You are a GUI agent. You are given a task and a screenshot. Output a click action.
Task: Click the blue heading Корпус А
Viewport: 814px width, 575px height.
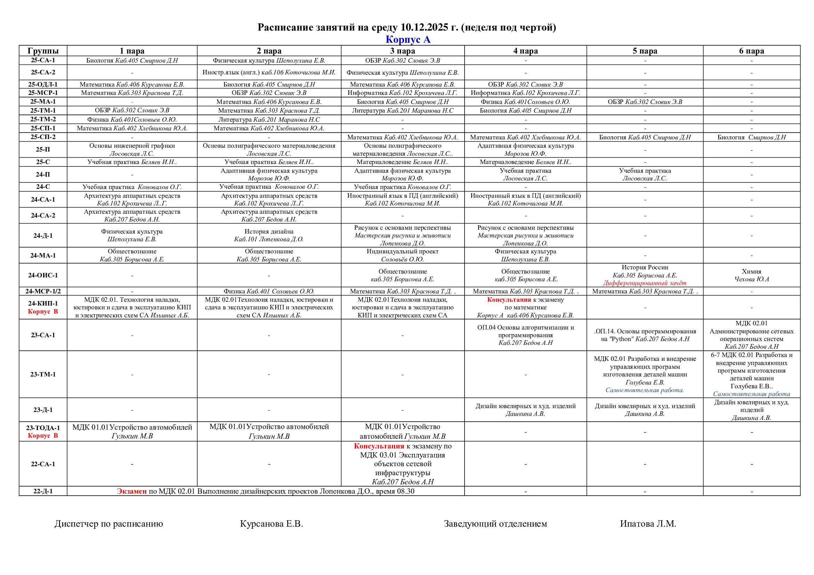click(x=408, y=39)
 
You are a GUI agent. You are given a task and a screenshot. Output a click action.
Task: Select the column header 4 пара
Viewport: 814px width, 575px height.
click(x=525, y=51)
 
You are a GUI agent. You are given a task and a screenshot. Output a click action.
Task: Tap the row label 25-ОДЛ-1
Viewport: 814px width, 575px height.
click(x=43, y=84)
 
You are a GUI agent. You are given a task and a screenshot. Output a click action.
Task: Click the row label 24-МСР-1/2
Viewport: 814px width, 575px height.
click(x=43, y=291)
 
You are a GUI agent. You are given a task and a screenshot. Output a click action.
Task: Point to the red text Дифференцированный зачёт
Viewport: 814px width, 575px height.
click(x=645, y=283)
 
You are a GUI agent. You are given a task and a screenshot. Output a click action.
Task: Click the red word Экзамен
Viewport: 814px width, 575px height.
click(x=132, y=492)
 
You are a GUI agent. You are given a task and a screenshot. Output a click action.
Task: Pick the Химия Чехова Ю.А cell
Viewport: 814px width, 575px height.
click(x=751, y=275)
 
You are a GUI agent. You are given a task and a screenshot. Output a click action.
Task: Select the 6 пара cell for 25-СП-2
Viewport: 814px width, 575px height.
click(x=751, y=137)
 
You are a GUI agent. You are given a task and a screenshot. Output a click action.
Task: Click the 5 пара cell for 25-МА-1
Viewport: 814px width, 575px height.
click(x=645, y=102)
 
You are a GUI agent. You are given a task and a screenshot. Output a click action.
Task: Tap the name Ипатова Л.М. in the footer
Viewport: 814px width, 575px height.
click(x=648, y=524)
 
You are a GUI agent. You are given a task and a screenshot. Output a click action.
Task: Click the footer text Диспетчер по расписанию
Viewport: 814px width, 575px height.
click(x=109, y=524)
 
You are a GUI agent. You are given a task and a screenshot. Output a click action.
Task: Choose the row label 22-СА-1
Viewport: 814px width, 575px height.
click(x=43, y=464)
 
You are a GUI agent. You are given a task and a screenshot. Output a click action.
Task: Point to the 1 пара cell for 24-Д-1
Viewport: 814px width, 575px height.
click(x=132, y=235)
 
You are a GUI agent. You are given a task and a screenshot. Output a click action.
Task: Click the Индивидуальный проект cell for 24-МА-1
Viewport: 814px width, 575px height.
click(x=402, y=255)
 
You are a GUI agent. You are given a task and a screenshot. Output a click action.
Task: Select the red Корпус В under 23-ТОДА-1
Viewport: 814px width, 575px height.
click(x=43, y=436)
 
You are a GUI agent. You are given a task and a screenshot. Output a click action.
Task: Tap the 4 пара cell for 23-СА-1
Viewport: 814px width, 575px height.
click(x=525, y=335)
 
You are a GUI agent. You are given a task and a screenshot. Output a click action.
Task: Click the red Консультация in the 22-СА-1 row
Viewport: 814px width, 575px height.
click(x=379, y=446)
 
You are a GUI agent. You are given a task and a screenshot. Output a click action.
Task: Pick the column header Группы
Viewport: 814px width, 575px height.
click(x=43, y=51)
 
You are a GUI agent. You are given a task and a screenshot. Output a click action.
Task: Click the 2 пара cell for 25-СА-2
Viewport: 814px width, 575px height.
click(x=269, y=73)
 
